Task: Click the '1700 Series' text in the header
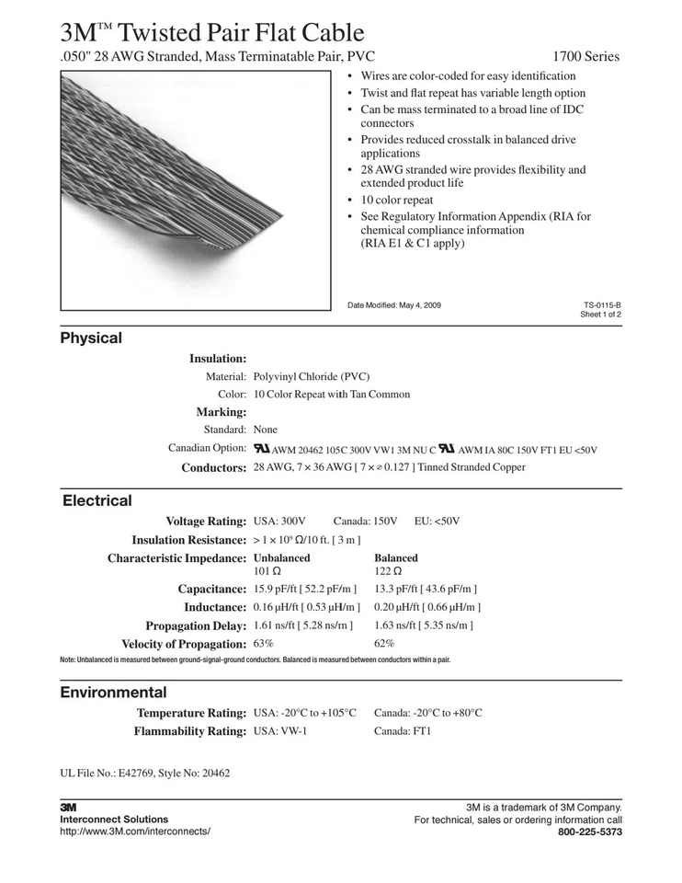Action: pos(586,57)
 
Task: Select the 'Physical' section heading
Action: pos(91,338)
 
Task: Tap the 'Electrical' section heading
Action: pos(97,500)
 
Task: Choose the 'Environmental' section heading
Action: pos(113,692)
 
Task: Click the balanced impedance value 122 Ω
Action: pos(387,571)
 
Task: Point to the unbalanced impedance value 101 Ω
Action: pos(267,571)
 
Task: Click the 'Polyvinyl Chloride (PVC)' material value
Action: pos(312,376)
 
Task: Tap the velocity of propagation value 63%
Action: pos(263,643)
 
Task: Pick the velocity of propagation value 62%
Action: pos(384,643)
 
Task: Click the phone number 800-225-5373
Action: pos(590,831)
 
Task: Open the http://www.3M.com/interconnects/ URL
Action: pos(134,831)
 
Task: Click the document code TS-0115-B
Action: pos(602,304)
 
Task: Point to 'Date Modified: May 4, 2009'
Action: pos(393,304)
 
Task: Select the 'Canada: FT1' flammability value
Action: pos(403,731)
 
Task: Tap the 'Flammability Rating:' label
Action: pos(190,731)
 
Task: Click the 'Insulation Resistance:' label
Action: pos(188,540)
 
